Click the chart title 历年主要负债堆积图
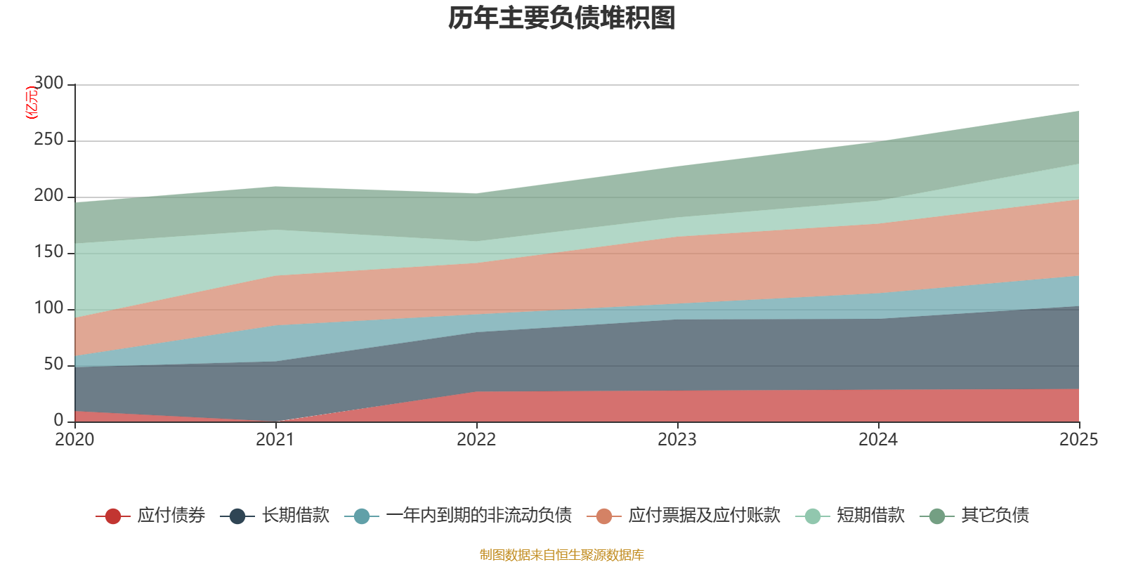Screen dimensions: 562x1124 click(x=562, y=19)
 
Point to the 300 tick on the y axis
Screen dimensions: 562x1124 click(x=48, y=84)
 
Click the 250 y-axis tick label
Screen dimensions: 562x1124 click(x=48, y=140)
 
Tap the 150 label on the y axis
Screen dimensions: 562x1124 click(x=48, y=252)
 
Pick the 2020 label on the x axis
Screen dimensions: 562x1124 click(x=74, y=440)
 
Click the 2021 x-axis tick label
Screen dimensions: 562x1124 click(x=275, y=440)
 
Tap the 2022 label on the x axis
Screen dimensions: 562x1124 click(x=476, y=440)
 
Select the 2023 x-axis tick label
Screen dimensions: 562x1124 click(x=677, y=440)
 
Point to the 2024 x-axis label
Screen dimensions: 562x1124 click(x=878, y=440)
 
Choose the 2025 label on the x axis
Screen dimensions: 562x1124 click(x=1078, y=440)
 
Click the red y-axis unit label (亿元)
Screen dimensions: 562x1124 click(x=31, y=103)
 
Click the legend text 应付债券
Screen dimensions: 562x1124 click(x=171, y=516)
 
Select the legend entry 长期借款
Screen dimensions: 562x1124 click(x=295, y=516)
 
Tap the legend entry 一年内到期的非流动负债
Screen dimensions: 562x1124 click(x=478, y=516)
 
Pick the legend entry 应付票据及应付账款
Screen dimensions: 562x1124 click(x=704, y=516)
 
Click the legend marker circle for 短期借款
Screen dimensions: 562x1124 click(x=813, y=516)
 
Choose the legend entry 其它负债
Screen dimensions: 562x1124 click(x=995, y=516)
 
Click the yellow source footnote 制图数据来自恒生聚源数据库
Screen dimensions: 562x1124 click(x=562, y=555)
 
